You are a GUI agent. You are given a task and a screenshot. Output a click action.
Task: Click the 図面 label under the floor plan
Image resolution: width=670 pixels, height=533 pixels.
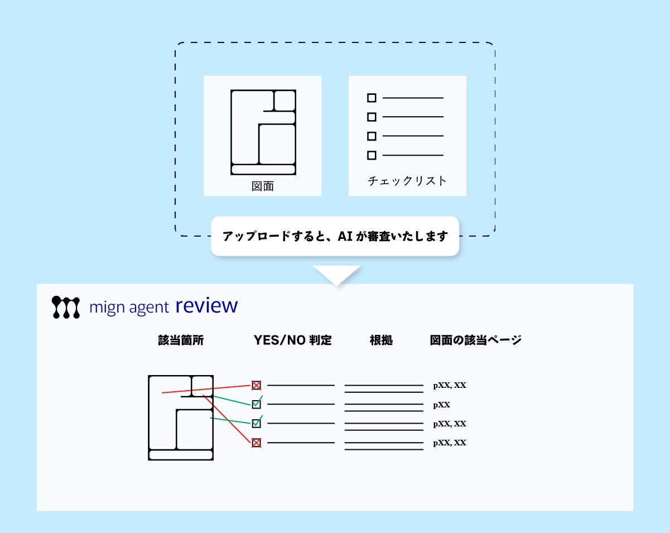pyautogui.click(x=262, y=186)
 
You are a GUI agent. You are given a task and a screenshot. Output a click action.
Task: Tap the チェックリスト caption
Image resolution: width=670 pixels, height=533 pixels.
pyautogui.click(x=407, y=181)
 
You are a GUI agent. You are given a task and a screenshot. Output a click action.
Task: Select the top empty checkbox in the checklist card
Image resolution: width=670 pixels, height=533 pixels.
pyautogui.click(x=372, y=98)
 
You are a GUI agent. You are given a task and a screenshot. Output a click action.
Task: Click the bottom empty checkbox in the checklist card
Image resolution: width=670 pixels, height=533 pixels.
pyautogui.click(x=372, y=156)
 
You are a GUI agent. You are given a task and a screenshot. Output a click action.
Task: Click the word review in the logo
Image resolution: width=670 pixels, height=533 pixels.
pyautogui.click(x=206, y=305)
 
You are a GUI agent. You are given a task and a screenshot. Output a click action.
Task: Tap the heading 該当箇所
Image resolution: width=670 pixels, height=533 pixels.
pyautogui.click(x=181, y=340)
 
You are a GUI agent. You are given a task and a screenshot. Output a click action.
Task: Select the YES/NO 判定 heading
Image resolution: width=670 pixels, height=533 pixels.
pyautogui.click(x=292, y=340)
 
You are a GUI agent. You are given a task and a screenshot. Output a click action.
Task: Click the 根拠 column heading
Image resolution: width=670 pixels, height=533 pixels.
pyautogui.click(x=381, y=340)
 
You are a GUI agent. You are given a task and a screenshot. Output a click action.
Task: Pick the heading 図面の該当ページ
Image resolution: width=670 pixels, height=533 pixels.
pyautogui.click(x=476, y=340)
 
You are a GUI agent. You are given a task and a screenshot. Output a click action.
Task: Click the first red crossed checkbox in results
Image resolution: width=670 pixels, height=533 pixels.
pyautogui.click(x=256, y=385)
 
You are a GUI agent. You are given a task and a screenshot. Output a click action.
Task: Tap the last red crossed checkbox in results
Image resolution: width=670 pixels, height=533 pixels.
pyautogui.click(x=256, y=443)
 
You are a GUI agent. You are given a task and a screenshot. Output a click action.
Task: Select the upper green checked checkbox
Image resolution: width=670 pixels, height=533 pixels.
pyautogui.click(x=256, y=404)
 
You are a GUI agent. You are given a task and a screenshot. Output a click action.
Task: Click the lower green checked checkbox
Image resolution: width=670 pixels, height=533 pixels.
pyautogui.click(x=256, y=423)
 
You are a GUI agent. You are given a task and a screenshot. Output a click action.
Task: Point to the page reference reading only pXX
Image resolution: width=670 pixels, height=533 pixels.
pyautogui.click(x=441, y=405)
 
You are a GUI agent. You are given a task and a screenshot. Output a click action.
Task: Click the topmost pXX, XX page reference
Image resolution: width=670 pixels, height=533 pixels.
pyautogui.click(x=450, y=385)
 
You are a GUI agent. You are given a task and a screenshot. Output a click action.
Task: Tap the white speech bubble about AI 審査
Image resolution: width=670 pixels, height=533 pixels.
pyautogui.click(x=335, y=236)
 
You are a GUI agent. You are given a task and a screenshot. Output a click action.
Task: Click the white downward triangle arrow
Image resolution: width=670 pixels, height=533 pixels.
pyautogui.click(x=336, y=274)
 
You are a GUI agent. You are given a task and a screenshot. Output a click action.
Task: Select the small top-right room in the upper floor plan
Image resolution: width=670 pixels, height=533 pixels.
pyautogui.click(x=285, y=100)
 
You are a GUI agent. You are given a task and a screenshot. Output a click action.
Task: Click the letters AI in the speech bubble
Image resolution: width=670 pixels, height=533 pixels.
pyautogui.click(x=346, y=236)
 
